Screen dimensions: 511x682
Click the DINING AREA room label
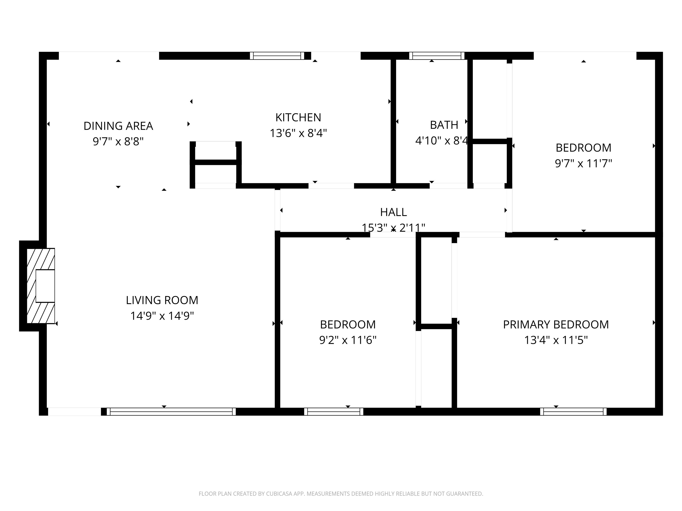point(118,126)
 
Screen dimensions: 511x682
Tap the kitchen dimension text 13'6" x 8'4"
point(298,133)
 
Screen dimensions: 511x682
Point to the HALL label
point(393,212)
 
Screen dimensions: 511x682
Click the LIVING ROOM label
point(162,300)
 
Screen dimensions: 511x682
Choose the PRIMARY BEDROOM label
point(556,325)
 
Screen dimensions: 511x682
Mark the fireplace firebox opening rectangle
point(45,286)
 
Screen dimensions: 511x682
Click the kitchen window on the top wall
point(277,56)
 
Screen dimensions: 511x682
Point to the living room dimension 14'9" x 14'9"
point(162,316)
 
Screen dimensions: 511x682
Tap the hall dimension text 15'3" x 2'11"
point(393,228)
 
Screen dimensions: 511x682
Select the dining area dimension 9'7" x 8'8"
point(118,142)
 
